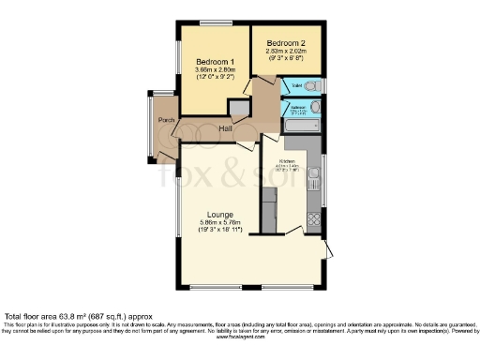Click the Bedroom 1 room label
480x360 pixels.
(x=216, y=62)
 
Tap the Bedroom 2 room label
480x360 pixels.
(x=287, y=43)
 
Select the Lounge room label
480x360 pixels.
(x=219, y=214)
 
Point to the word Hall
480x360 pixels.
(x=226, y=128)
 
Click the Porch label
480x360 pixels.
(x=166, y=120)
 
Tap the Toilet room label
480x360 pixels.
(x=296, y=85)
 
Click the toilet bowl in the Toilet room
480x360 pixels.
(x=314, y=85)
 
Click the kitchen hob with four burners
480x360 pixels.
(x=312, y=223)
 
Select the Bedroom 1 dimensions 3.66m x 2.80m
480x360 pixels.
(x=216, y=70)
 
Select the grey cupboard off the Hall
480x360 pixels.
(x=239, y=109)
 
